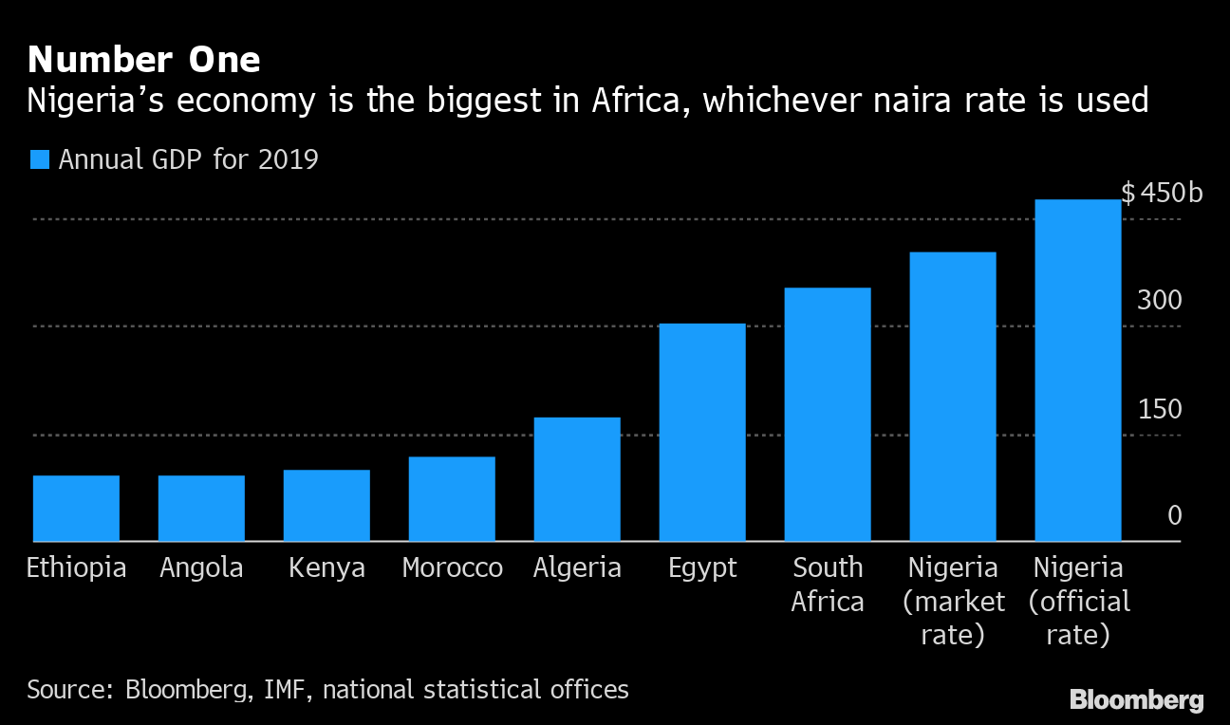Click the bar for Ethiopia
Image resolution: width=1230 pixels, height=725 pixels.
point(76,508)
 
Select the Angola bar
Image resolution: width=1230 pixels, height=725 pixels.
point(201,508)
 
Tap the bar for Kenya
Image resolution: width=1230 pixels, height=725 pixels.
point(326,505)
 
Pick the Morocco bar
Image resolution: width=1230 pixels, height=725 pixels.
point(452,498)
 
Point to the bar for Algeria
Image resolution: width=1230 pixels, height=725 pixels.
point(577,479)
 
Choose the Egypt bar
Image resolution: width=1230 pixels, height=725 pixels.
point(702,432)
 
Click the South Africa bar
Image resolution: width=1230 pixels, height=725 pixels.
point(828,414)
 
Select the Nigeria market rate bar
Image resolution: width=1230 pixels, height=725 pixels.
point(953,397)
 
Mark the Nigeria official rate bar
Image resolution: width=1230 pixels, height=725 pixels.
point(1078,370)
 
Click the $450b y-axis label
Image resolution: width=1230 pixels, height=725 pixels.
point(1162,194)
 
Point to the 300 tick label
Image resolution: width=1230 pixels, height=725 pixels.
point(1160,301)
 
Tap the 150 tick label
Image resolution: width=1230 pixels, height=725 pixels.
point(1160,409)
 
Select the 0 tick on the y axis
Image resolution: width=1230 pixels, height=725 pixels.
point(1174,516)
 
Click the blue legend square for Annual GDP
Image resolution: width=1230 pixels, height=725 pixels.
point(39,159)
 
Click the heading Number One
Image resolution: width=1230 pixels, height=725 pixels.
point(143,60)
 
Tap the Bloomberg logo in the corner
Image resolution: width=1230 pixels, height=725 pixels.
point(1136,700)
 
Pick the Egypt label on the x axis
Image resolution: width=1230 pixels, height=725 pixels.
point(702,568)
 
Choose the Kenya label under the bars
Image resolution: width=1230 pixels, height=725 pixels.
point(326,568)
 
